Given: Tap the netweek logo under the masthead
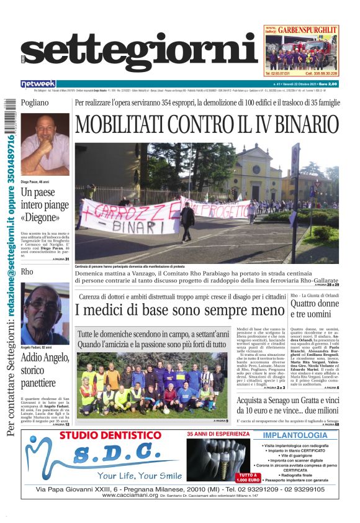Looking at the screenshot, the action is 38,84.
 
